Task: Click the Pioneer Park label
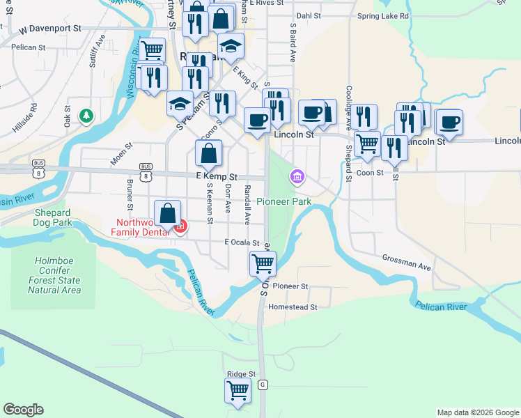283,201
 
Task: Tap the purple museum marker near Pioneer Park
297,177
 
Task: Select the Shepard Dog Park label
53,218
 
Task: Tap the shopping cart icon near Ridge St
238,390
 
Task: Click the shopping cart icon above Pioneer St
263,263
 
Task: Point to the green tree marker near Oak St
86,114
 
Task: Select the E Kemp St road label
217,177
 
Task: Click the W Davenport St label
51,30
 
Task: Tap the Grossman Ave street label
406,262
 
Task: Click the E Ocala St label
241,242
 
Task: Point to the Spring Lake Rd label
382,15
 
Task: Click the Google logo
23,410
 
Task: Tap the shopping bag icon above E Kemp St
208,153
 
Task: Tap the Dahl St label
308,15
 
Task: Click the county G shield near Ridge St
262,384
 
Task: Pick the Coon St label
370,172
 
